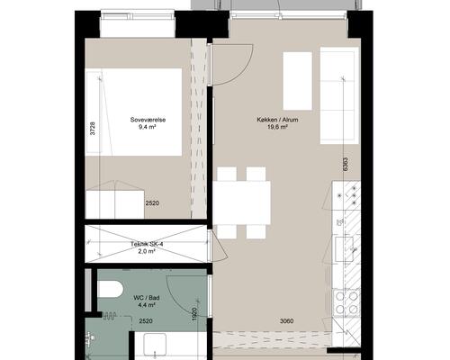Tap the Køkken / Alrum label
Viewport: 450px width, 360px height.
click(277, 120)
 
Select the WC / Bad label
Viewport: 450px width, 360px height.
click(147, 298)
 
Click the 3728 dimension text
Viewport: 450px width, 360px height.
click(93, 129)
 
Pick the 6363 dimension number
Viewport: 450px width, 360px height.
click(346, 165)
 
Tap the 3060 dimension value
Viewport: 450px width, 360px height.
click(286, 321)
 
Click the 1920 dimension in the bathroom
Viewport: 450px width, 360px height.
click(194, 314)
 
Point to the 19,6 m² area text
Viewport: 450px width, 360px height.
click(277, 127)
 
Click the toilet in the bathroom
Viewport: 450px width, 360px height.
click(111, 289)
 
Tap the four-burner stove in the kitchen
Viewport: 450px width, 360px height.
click(346, 302)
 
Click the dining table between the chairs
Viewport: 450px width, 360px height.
click(242, 202)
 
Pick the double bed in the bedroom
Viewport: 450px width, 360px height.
click(133, 112)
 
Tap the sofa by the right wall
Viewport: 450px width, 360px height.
click(339, 95)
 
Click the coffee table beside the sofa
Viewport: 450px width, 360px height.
click(298, 81)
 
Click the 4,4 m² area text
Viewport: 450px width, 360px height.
click(147, 305)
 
